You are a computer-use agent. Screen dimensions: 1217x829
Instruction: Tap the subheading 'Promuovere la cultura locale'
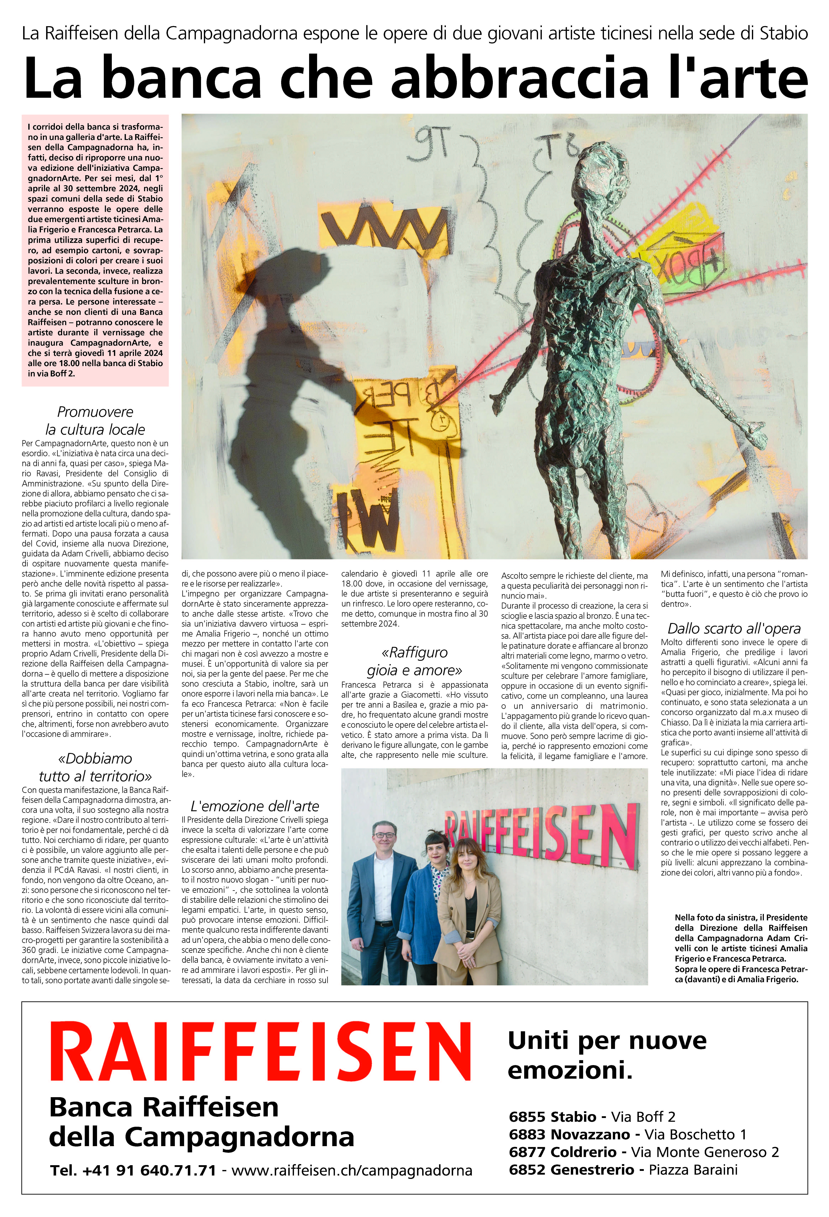[95, 421]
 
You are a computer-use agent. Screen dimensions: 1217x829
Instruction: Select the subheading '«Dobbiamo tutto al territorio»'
[95, 767]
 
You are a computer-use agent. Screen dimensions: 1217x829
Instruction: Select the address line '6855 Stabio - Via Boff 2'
[592, 1117]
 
